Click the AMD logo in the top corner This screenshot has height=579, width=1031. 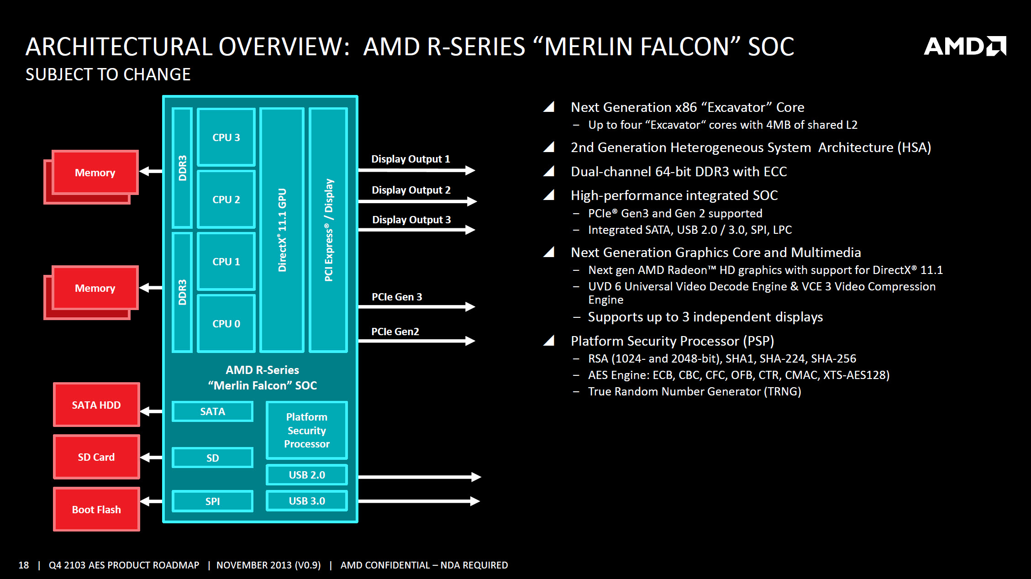(x=964, y=46)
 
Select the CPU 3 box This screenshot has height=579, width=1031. (x=226, y=137)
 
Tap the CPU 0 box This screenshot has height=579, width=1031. (x=226, y=323)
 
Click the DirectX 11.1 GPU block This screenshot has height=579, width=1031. (x=282, y=230)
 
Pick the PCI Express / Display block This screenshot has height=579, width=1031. (x=328, y=230)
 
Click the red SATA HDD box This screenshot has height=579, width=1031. (x=96, y=405)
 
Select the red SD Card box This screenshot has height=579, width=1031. (x=96, y=457)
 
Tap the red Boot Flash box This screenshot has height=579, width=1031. (x=96, y=509)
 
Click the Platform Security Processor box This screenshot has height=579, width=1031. (x=306, y=430)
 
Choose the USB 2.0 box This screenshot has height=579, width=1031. (x=306, y=475)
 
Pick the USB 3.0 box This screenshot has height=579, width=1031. (x=306, y=501)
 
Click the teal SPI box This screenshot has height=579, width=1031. (x=212, y=501)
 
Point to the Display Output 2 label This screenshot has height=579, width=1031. (x=411, y=190)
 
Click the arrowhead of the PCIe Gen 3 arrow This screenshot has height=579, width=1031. (x=470, y=306)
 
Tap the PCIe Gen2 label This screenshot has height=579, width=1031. (x=395, y=332)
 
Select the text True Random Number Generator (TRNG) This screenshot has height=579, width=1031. (x=694, y=391)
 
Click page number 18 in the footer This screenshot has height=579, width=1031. (x=23, y=565)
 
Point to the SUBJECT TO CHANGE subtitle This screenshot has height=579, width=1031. (x=108, y=74)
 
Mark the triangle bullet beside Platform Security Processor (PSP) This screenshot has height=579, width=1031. (x=549, y=341)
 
